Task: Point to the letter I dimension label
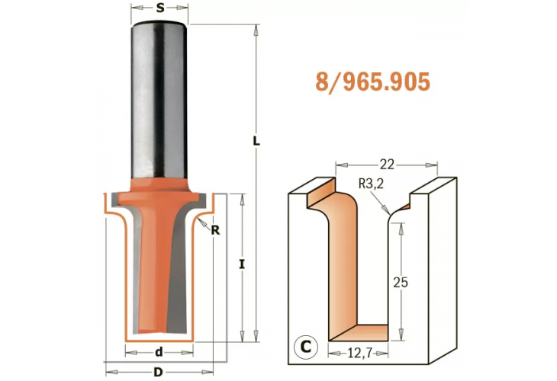pyautogui.click(x=242, y=264)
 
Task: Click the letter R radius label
pyautogui.click(x=215, y=231)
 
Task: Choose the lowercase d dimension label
pyautogui.click(x=159, y=352)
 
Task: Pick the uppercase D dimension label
pyautogui.click(x=158, y=372)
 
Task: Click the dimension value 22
pyautogui.click(x=388, y=163)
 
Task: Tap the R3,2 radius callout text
pyautogui.click(x=372, y=183)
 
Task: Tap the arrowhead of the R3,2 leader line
pyautogui.click(x=390, y=208)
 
